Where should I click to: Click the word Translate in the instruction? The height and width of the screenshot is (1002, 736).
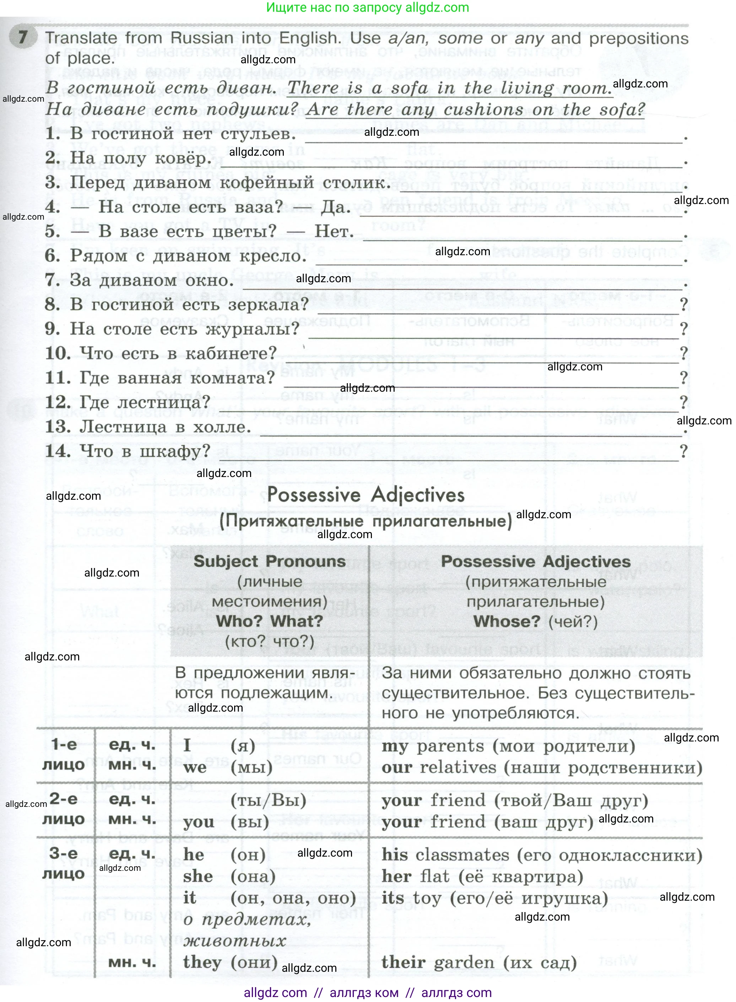coord(81,38)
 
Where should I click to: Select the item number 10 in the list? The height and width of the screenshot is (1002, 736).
coord(58,353)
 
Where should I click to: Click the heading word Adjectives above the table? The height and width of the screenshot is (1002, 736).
coord(417,495)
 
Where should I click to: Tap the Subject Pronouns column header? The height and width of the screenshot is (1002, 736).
coord(270,562)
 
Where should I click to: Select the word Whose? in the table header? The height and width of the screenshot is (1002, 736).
coord(507,621)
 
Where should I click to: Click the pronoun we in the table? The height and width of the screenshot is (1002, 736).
coord(195,767)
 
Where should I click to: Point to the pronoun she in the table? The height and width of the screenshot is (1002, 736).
coord(198,876)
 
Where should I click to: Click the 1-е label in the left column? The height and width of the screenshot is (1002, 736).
coord(64,744)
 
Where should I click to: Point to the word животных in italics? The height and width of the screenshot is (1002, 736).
coord(234,941)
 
